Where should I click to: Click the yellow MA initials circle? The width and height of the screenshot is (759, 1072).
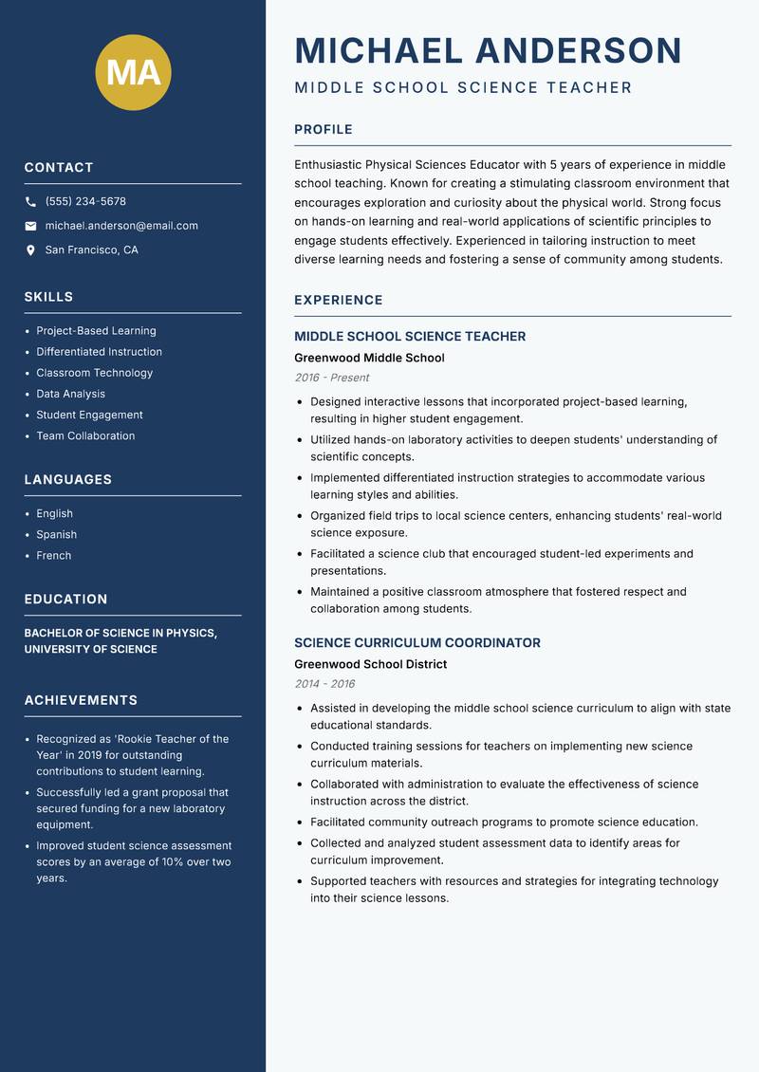point(134,72)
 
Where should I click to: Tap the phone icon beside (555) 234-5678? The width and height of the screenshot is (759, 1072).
point(30,202)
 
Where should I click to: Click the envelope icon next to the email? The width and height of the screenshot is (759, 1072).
point(30,226)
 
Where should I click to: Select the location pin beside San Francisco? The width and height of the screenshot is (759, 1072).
point(30,250)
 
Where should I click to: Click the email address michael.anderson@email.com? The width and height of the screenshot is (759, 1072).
point(121,226)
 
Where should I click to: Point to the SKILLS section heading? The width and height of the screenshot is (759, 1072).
point(48,297)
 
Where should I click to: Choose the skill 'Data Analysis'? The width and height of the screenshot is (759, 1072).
point(70,394)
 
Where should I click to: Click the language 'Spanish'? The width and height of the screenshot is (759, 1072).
point(56,534)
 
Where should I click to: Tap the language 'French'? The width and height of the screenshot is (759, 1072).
point(53,555)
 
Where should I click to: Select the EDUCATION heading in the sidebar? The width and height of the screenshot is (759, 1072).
point(65,600)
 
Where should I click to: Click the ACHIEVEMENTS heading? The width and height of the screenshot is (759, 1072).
point(81,700)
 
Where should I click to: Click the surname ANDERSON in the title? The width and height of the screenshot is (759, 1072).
point(578,50)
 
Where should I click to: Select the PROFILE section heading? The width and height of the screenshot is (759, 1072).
point(323,130)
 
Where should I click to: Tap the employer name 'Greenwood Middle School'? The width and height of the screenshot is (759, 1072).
point(369,358)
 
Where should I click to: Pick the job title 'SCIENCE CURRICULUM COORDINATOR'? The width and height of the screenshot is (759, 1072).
point(417,642)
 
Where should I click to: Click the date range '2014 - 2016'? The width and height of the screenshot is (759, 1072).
point(324,684)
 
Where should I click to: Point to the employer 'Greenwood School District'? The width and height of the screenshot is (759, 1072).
point(370,664)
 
